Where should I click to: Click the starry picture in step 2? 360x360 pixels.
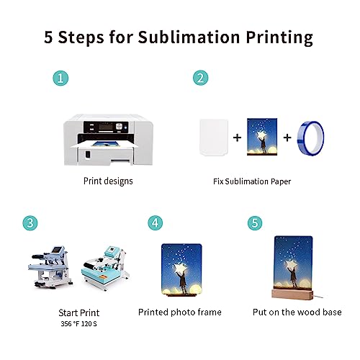pos(260,137)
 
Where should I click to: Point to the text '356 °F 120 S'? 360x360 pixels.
pos(79,325)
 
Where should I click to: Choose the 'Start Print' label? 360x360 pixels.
pos(79,313)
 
